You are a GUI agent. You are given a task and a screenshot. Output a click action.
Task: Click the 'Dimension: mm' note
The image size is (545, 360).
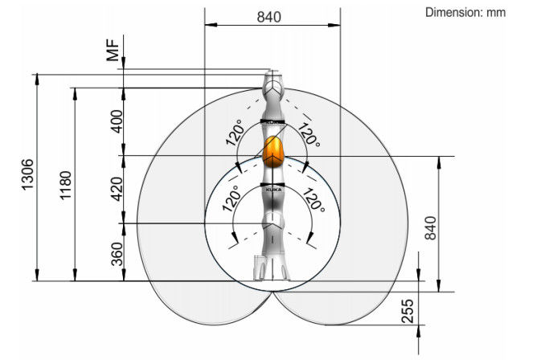[x=465, y=13]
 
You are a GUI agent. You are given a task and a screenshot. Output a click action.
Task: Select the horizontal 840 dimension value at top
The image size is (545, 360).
[x=269, y=17]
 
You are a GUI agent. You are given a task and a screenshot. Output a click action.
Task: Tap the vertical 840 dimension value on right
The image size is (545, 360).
[x=430, y=228]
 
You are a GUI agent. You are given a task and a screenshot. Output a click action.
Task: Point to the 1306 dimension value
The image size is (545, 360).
[x=28, y=174]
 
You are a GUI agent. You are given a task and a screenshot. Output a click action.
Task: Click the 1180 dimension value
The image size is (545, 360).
[x=65, y=185]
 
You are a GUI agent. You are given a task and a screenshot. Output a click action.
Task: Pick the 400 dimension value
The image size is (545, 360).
[x=117, y=121]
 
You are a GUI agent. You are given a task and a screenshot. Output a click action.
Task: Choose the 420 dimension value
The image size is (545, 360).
[x=117, y=189]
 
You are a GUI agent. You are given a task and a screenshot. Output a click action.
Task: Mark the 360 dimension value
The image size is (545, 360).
[x=117, y=254]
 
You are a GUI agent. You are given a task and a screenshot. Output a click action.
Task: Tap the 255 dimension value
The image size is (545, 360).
[x=408, y=311]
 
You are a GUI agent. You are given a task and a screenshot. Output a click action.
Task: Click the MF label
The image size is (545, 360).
[x=113, y=51]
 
